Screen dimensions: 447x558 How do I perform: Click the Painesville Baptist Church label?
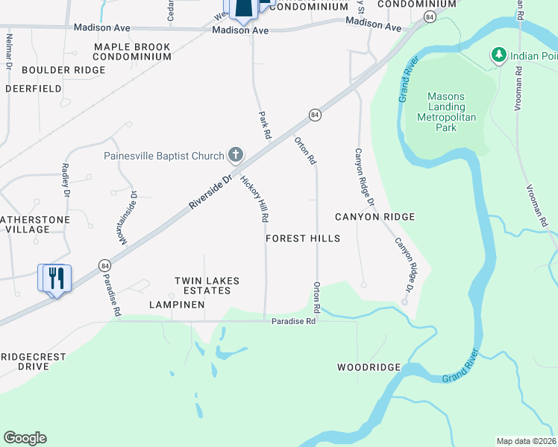(163, 156)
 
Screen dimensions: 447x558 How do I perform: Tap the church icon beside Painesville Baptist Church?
(235, 155)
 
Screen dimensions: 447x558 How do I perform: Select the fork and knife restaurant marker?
(54, 279)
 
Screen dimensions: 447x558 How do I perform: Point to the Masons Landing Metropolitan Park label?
(446, 112)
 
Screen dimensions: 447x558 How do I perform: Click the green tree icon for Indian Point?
(498, 54)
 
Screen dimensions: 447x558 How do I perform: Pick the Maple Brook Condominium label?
(132, 51)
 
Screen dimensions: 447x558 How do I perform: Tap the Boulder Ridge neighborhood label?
(63, 70)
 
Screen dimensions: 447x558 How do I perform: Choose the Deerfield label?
(34, 88)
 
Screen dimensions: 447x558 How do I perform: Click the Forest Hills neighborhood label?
(303, 238)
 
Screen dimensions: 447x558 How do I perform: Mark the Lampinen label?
(177, 305)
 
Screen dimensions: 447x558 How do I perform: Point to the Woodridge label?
(369, 367)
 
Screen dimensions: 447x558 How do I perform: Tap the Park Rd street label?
(263, 125)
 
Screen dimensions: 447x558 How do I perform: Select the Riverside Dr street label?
(211, 186)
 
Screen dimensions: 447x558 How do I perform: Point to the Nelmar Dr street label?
(10, 51)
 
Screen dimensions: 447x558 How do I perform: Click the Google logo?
(25, 438)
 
